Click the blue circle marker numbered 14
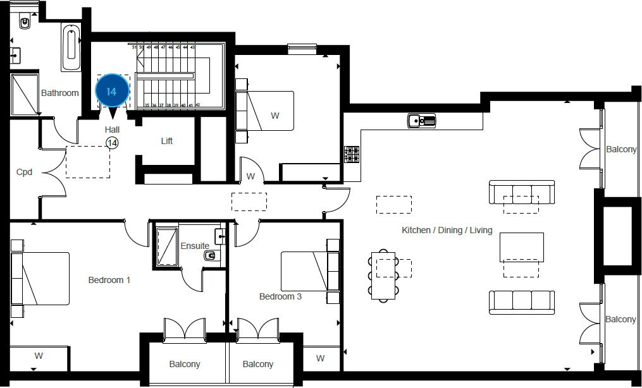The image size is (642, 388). [111, 92]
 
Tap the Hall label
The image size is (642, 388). [112, 130]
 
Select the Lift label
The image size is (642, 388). [167, 141]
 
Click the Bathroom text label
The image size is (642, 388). [60, 93]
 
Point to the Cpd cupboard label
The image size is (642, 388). [24, 172]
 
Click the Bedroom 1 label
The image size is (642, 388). [109, 280]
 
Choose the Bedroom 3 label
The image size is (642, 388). [280, 296]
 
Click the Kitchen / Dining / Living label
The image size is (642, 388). [447, 230]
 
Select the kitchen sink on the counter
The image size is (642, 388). [421, 119]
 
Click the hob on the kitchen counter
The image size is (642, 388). [352, 154]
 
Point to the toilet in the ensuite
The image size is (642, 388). [211, 256]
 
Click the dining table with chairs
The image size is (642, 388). [383, 276]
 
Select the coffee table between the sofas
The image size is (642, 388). [522, 247]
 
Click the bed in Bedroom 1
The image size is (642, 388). [43, 279]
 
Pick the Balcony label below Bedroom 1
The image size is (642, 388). [185, 364]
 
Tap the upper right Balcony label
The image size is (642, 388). [621, 150]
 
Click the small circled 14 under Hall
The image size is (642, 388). [112, 143]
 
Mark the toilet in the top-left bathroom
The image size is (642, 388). [25, 23]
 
